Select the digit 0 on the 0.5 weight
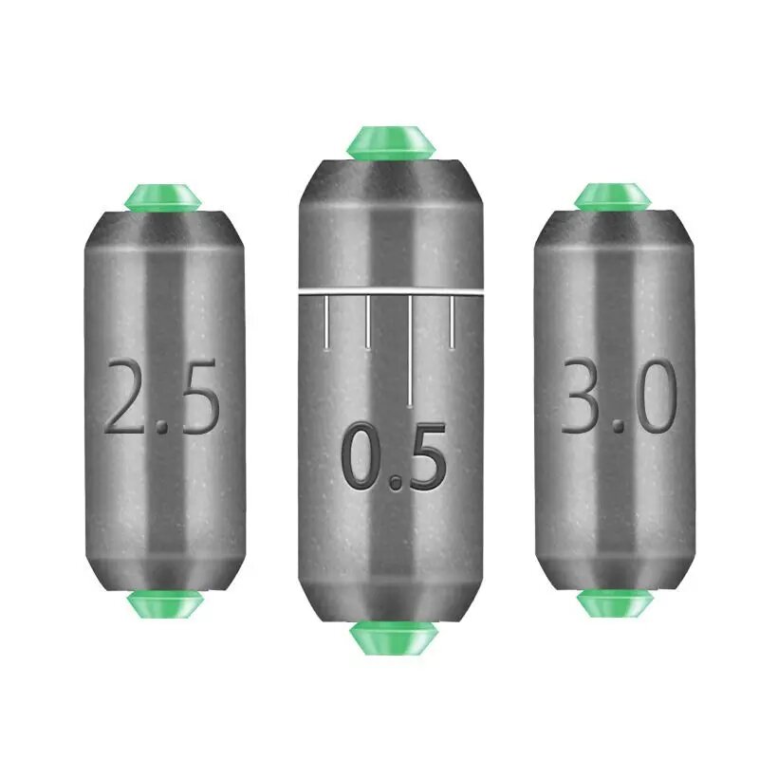tap(362, 459)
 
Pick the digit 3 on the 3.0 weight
tap(584, 397)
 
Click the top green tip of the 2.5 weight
tap(163, 197)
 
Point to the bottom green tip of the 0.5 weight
tap(391, 638)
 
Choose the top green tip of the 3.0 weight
tap(613, 196)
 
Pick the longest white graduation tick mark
tap(410, 350)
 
